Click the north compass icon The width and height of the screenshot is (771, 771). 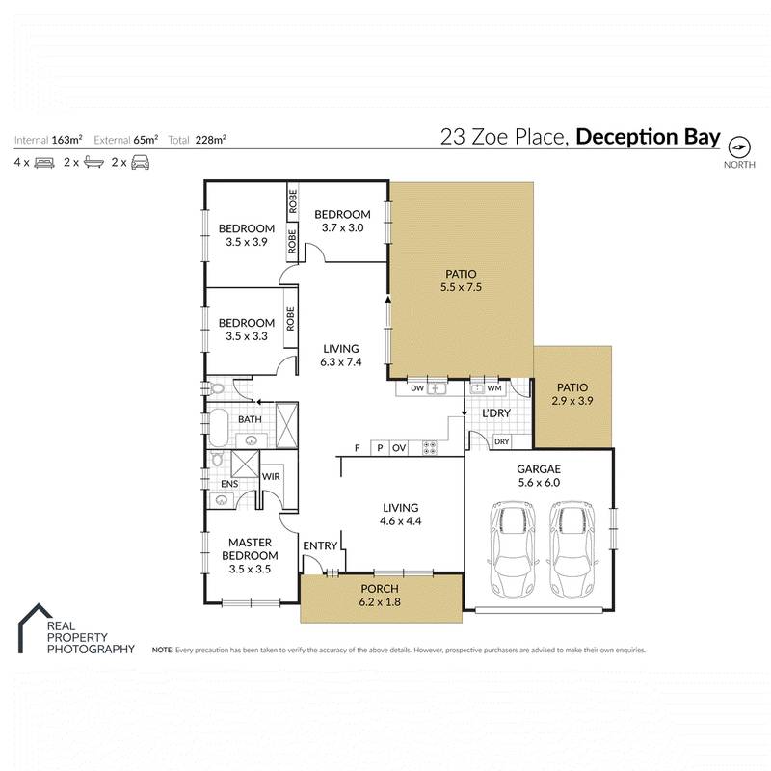(x=738, y=147)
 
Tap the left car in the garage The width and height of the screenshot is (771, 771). (x=512, y=551)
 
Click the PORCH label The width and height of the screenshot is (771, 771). (x=380, y=589)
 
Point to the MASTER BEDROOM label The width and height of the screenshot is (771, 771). (x=250, y=548)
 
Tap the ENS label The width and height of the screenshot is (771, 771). (x=229, y=484)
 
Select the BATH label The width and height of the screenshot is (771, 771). (x=251, y=419)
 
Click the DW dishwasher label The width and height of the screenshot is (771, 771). (x=417, y=388)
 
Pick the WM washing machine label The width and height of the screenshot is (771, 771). (x=494, y=388)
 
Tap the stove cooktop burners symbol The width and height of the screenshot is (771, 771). (x=429, y=447)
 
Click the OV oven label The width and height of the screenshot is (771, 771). (x=399, y=448)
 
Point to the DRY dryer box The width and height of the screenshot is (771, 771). (x=501, y=442)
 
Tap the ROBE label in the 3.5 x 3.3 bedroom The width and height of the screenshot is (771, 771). (x=290, y=319)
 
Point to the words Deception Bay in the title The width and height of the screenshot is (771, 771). (x=648, y=137)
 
